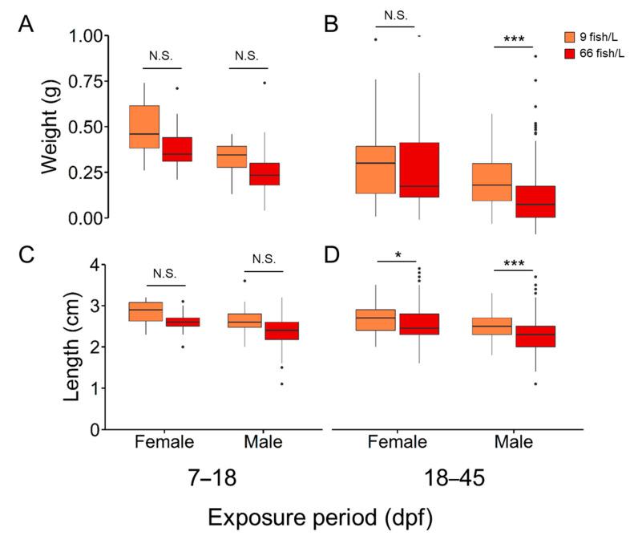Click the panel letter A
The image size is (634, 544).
(26, 26)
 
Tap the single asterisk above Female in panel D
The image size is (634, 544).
(398, 254)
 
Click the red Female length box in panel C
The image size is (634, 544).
(183, 322)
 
